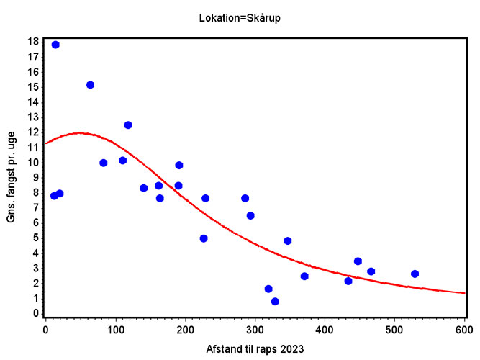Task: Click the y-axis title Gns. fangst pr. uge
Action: tap(12, 178)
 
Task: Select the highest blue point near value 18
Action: tap(55, 45)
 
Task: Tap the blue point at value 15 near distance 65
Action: tap(90, 85)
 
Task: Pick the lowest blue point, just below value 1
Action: tap(275, 302)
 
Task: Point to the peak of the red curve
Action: tap(78, 132)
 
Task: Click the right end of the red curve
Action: tap(464, 293)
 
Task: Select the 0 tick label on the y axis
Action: tap(35, 313)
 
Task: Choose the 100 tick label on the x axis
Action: tap(115, 329)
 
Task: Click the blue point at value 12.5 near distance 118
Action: tap(128, 125)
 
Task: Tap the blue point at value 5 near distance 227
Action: tap(204, 238)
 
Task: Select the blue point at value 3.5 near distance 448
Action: tap(358, 261)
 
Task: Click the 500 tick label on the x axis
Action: tap(394, 329)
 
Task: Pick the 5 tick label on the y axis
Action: tap(35, 238)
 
